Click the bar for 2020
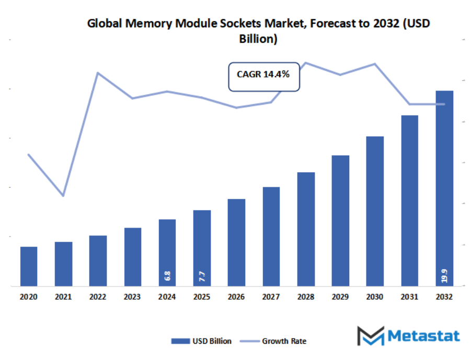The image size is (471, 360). (29, 266)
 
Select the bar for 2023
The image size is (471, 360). (132, 257)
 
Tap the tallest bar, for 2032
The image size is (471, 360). (444, 188)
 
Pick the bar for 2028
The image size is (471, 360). (306, 229)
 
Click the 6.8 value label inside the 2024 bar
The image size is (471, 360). (167, 276)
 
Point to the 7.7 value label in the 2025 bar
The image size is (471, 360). (202, 277)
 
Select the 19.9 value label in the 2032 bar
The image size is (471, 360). (444, 276)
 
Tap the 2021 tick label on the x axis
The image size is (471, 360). (63, 297)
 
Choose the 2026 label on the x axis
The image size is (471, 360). (236, 297)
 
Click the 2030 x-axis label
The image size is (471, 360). (375, 297)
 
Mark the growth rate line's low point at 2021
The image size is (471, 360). (63, 196)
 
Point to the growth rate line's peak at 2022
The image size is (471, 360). (98, 73)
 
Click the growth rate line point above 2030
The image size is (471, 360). (375, 64)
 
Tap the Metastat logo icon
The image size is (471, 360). (370, 335)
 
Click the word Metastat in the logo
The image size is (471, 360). (424, 335)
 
